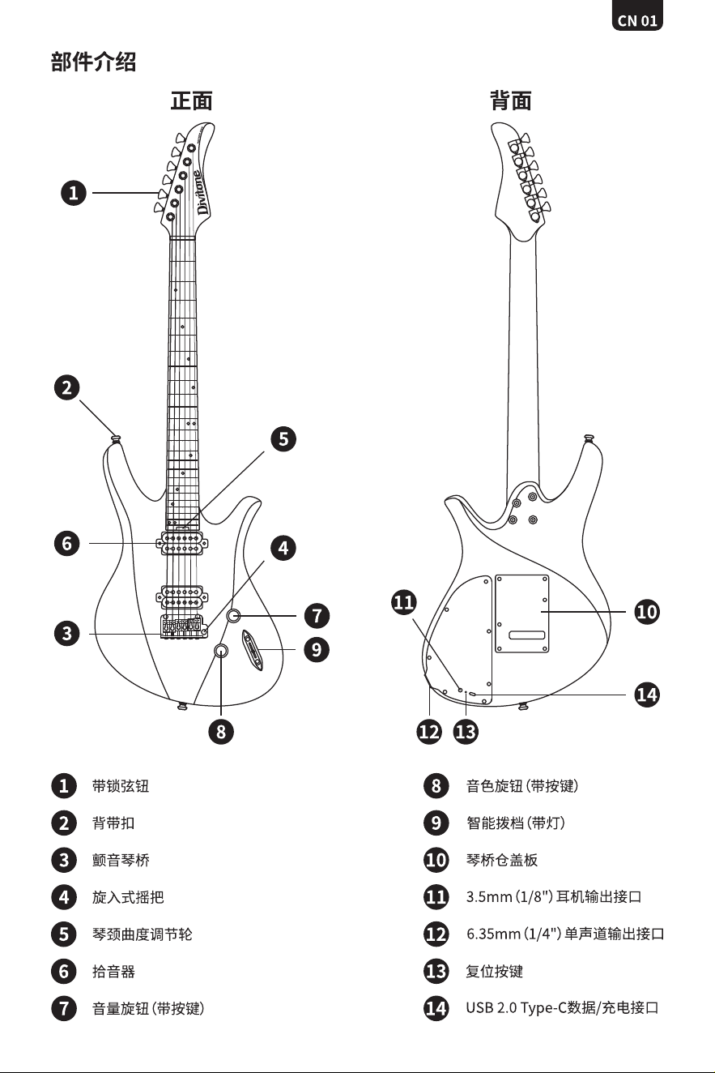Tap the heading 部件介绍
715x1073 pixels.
point(94,62)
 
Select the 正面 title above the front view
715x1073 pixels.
point(191,101)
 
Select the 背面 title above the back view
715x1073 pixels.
point(511,101)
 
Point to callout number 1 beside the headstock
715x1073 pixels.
point(73,193)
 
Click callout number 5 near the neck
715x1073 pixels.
point(283,439)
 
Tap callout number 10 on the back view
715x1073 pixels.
point(646,612)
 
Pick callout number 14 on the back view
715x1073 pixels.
point(646,695)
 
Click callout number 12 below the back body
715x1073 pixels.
point(429,732)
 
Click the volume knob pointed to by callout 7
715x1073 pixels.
point(233,616)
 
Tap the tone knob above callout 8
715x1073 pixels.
point(220,651)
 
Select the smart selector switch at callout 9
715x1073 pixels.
point(253,650)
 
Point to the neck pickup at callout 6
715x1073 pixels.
point(182,543)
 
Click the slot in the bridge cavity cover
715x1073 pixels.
point(526,635)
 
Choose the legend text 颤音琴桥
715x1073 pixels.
point(121,861)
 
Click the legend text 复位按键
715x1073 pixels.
point(495,972)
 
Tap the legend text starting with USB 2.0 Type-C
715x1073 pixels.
point(562,1008)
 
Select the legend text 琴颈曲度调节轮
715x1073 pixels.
point(143,934)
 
